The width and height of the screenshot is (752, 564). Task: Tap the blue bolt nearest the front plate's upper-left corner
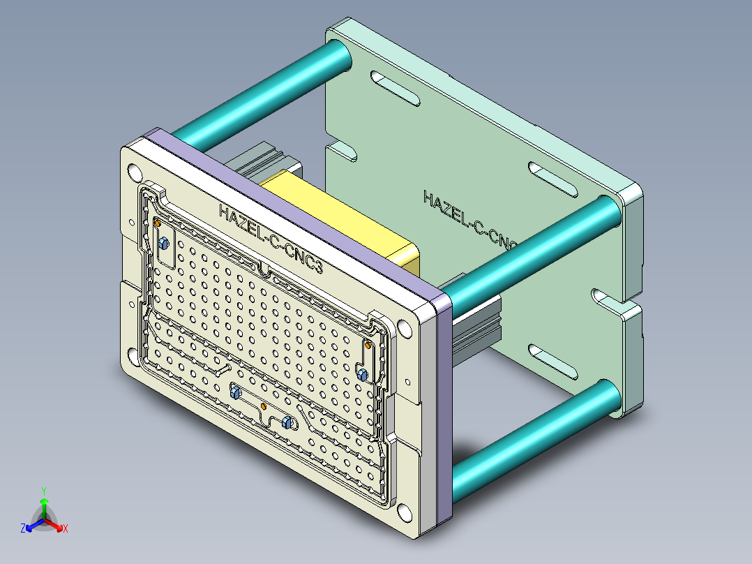(x=164, y=244)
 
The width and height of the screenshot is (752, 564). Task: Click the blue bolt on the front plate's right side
(x=362, y=375)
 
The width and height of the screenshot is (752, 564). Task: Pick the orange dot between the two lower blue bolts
(x=263, y=406)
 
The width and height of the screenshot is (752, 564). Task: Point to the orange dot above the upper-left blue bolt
(x=158, y=223)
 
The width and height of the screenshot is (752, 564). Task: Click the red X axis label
(x=66, y=529)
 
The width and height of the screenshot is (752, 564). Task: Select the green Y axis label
(x=43, y=491)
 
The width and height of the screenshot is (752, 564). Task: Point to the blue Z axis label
(x=23, y=529)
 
